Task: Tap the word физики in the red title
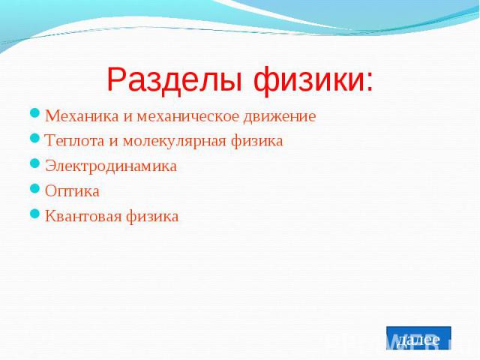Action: coord(308,81)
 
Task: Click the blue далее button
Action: coord(418,338)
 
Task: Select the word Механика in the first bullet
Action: coord(82,116)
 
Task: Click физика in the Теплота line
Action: coord(256,142)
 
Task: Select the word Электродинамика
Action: coord(111,166)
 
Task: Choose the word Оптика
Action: coord(72,191)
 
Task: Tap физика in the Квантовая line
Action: coord(152,217)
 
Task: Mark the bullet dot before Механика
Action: coord(35,113)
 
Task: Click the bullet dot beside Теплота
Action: coord(35,138)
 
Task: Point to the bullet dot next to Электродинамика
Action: coord(35,163)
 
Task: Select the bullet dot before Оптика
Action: coord(35,188)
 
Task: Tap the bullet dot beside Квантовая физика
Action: coord(35,214)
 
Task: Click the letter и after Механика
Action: coord(127,117)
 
